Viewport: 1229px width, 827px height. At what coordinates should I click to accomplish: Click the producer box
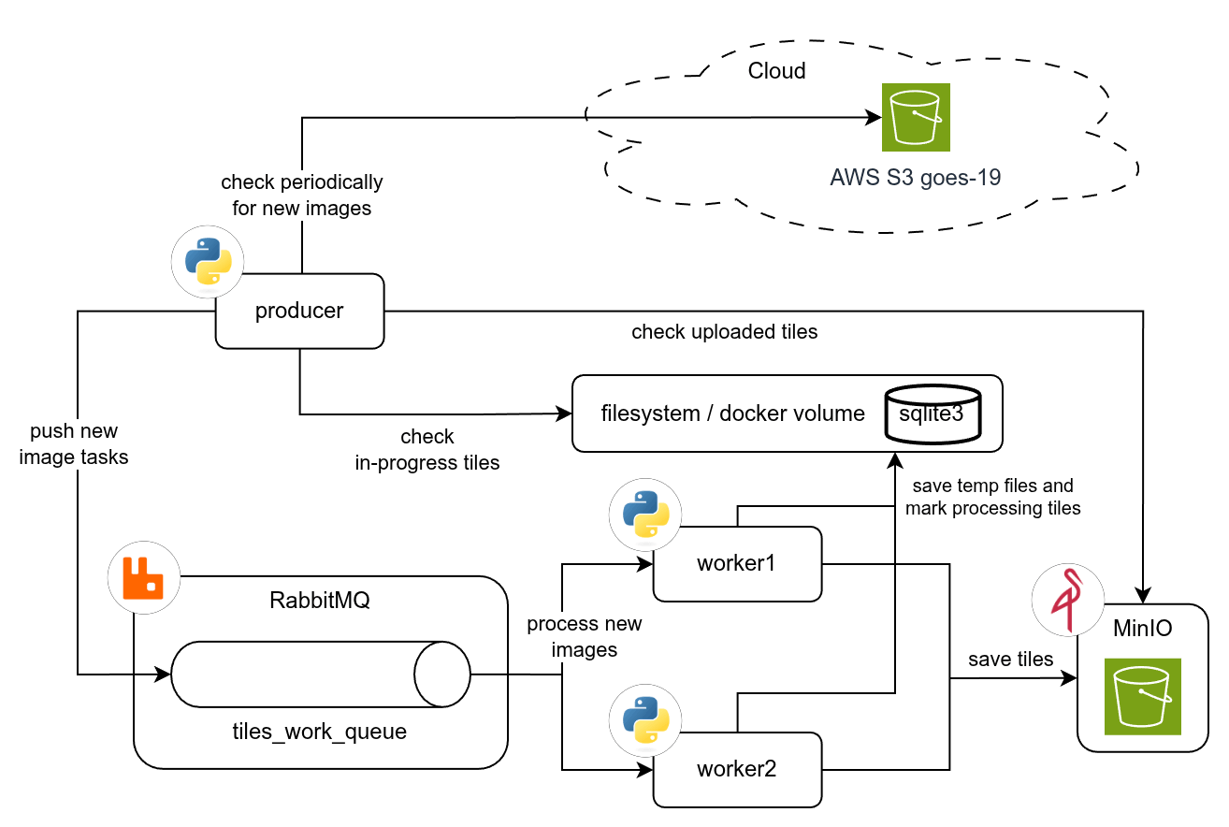pos(300,312)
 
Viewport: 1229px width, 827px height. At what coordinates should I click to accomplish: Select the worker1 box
pos(737,564)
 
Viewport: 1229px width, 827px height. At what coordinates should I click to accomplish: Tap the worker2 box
pos(737,770)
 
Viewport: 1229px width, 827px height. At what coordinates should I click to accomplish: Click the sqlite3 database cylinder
pos(933,413)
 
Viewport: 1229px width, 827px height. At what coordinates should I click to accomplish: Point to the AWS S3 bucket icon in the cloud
pos(916,117)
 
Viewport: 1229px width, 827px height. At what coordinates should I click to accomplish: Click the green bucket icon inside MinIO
pos(1142,696)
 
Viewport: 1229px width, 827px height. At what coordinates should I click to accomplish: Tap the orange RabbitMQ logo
pos(144,577)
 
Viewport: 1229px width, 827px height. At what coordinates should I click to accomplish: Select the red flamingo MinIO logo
pos(1067,602)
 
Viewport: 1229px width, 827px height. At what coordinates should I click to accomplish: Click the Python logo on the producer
pos(208,262)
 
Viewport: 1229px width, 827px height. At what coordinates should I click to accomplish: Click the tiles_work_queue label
pos(320,732)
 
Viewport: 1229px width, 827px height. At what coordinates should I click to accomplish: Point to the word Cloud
pos(776,71)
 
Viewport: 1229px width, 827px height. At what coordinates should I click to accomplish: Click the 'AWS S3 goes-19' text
pos(915,178)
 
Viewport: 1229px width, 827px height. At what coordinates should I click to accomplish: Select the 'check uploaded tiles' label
pos(724,332)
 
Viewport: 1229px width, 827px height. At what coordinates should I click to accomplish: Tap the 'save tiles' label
pos(1010,660)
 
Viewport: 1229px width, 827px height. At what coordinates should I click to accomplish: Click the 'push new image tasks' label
pos(74,444)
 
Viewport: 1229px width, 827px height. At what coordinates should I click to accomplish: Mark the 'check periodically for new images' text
pos(301,195)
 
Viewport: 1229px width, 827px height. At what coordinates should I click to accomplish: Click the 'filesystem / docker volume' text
pos(732,413)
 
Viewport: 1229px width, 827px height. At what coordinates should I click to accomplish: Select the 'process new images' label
pos(585,637)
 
